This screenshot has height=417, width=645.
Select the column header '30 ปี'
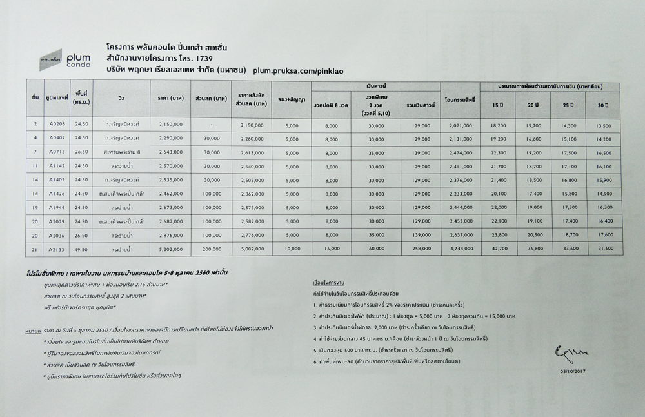(x=602, y=105)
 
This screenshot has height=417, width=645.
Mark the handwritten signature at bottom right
(x=567, y=354)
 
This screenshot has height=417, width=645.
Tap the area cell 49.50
(x=80, y=249)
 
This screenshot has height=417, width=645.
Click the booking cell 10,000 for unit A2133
(x=291, y=249)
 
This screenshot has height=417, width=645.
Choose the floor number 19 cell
(x=35, y=207)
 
